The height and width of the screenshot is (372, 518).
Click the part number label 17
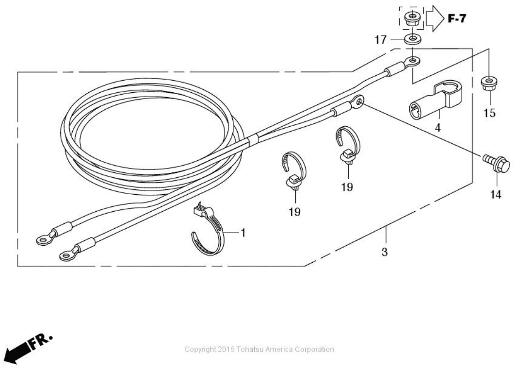380,40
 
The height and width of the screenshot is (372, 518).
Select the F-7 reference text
457,18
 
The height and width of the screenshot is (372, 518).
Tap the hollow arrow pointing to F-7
436,19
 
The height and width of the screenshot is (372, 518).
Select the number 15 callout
489,113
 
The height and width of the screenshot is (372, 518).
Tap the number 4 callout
437,127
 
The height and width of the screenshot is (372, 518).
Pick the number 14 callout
496,194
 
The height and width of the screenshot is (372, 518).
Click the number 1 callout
243,233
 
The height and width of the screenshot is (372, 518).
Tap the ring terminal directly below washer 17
412,61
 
